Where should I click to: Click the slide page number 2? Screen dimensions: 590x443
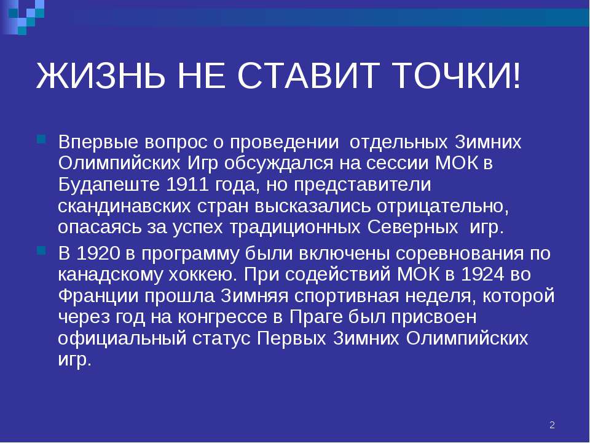tap(552, 425)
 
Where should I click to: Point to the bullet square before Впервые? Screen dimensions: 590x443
tap(41, 140)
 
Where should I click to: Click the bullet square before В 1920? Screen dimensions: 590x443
tap(41, 250)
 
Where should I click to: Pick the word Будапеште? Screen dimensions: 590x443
tap(109, 185)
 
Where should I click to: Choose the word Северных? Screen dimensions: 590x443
tap(412, 227)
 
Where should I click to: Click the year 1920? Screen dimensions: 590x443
tap(98, 253)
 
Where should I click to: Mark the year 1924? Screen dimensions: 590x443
tap(482, 274)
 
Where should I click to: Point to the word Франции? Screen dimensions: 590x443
tap(98, 296)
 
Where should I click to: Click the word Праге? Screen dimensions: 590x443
tap(316, 317)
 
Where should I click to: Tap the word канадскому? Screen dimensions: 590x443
tap(111, 274)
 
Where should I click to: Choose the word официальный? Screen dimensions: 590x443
tap(122, 338)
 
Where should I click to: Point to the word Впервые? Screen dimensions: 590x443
tap(98, 142)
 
